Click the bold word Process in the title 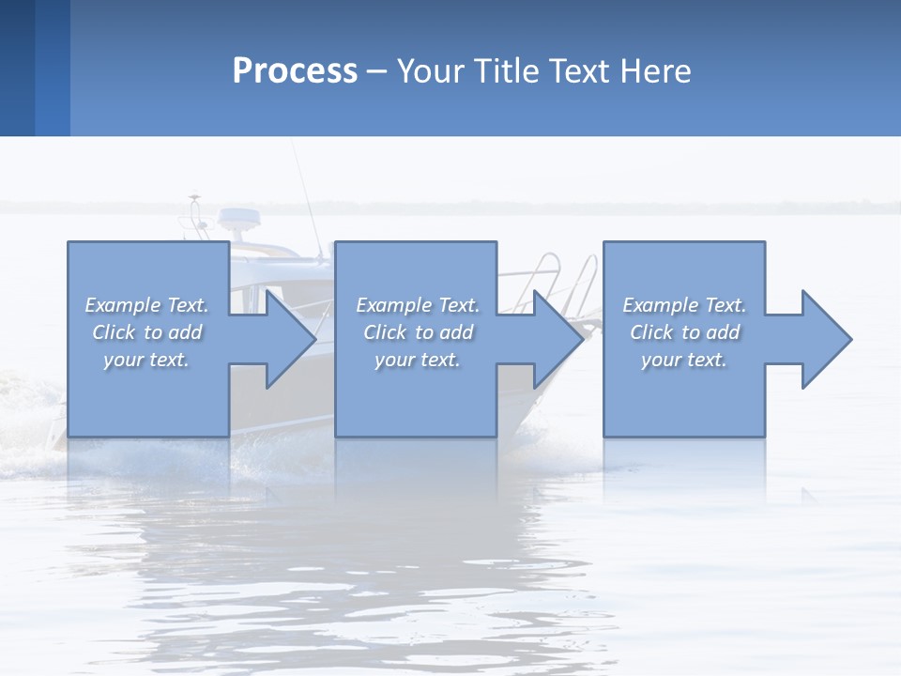(x=295, y=71)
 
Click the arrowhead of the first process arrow (x=290, y=339)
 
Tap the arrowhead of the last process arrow (x=826, y=339)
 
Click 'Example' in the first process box (x=122, y=305)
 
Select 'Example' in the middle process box (x=393, y=305)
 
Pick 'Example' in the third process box (x=660, y=305)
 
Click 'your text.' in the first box (x=146, y=360)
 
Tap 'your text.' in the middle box (x=418, y=360)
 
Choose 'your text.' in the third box (x=684, y=360)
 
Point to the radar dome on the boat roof (x=240, y=219)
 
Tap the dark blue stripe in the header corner (x=17, y=68)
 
